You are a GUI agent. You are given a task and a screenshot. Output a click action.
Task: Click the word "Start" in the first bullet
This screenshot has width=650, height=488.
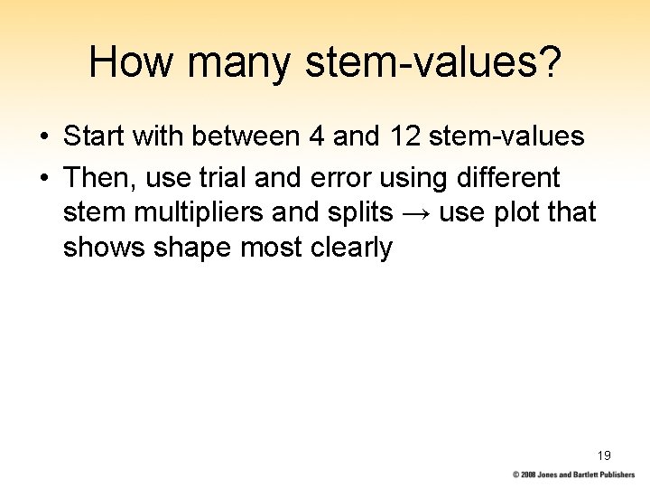[x=93, y=137]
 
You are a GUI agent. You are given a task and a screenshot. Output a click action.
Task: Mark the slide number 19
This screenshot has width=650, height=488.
[x=604, y=455]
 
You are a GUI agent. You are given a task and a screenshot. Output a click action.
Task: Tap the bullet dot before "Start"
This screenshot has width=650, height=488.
[x=42, y=138]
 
